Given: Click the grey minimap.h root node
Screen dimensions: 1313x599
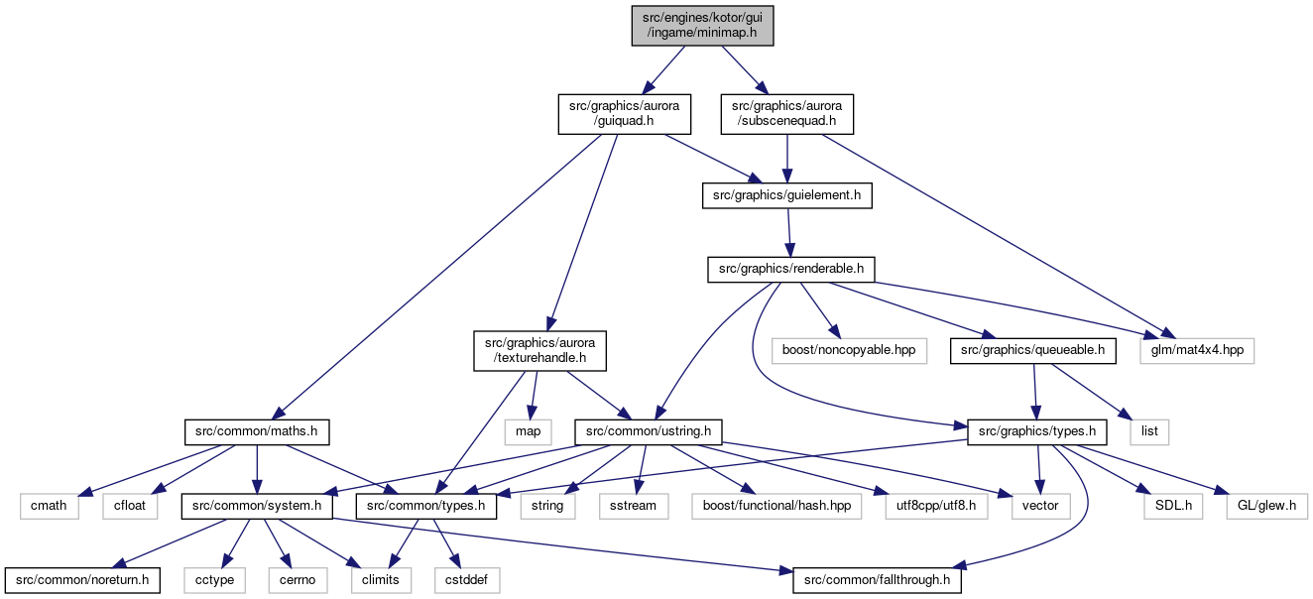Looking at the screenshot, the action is pyautogui.click(x=702, y=26).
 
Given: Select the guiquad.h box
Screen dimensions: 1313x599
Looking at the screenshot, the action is pyautogui.click(x=624, y=114).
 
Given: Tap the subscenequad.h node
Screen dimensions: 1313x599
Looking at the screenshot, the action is pyautogui.click(x=786, y=114).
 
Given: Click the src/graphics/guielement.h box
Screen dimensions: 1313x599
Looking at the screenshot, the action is pyautogui.click(x=786, y=195).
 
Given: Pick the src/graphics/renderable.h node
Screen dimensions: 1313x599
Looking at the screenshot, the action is pyautogui.click(x=790, y=270).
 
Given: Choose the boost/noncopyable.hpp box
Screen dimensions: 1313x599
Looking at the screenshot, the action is pyautogui.click(x=849, y=350).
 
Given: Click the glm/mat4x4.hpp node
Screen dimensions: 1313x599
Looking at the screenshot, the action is pyautogui.click(x=1197, y=350).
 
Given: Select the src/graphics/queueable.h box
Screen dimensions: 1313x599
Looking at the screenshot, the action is pyautogui.click(x=1032, y=350).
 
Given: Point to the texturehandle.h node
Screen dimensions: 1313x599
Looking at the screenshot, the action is pyautogui.click(x=539, y=350).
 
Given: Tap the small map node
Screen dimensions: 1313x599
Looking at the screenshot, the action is pyautogui.click(x=528, y=432).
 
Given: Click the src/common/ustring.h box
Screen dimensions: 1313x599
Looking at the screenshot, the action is pyautogui.click(x=649, y=432).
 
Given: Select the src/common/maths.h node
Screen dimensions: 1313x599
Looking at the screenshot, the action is pyautogui.click(x=256, y=432).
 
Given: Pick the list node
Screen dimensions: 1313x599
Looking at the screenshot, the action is pyautogui.click(x=1149, y=432).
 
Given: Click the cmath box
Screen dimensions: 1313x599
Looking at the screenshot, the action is pyautogui.click(x=49, y=506).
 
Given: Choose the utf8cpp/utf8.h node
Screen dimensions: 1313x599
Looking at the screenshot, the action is pyautogui.click(x=936, y=506).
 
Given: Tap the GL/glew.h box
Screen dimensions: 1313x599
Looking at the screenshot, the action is pyautogui.click(x=1266, y=506).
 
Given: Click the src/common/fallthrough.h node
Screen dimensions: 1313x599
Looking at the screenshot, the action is pyautogui.click(x=877, y=580).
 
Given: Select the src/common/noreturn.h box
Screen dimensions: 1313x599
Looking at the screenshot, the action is pyautogui.click(x=82, y=580).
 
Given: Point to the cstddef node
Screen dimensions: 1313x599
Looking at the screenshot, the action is pyautogui.click(x=466, y=580).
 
